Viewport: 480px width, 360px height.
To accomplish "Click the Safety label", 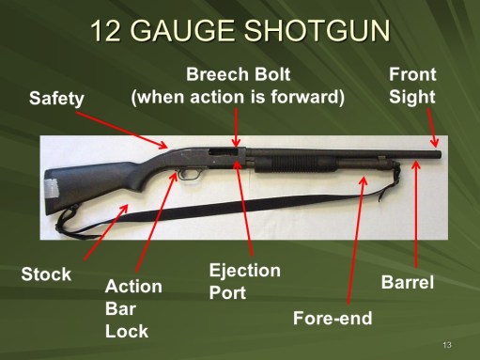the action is click(x=56, y=97).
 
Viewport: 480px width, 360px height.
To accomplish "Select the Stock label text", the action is click(x=46, y=275).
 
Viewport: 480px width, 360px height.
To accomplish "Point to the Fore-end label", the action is click(x=333, y=318).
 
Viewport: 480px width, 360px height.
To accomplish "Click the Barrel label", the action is click(x=407, y=281).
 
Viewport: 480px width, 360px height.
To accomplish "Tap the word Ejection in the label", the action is click(x=244, y=271).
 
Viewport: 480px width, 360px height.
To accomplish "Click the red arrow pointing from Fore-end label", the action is click(x=353, y=241).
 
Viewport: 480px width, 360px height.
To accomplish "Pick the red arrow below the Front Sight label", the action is click(x=433, y=126).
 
